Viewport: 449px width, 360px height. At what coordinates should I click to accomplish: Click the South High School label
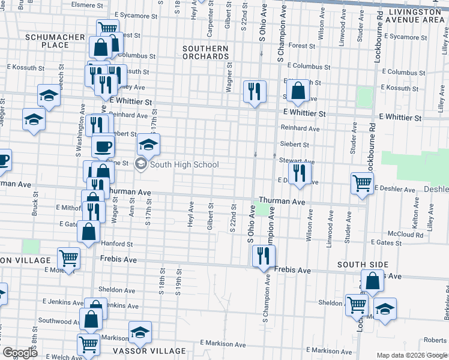184,164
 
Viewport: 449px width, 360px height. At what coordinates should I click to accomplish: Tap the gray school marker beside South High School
141,164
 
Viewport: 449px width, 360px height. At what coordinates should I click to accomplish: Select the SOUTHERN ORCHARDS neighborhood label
206,53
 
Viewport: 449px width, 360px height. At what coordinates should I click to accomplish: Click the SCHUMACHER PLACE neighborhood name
55,41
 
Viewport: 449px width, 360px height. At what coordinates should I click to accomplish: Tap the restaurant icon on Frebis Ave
263,256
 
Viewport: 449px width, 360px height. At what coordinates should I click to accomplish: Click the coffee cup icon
103,146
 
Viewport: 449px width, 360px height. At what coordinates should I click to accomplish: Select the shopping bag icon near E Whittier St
297,91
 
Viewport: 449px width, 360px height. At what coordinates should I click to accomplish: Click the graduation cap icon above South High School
148,144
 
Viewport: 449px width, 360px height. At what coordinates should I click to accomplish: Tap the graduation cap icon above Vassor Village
140,332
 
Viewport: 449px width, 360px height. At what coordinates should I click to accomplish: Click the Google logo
20,353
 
